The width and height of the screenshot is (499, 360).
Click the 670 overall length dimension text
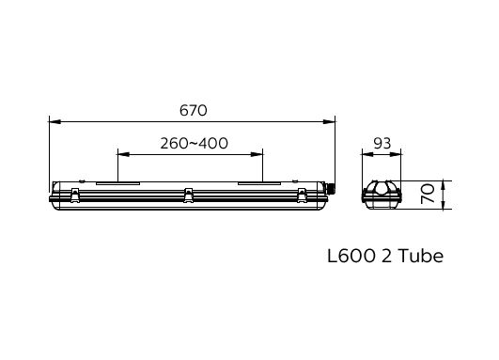(194, 111)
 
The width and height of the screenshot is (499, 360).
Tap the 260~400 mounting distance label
(195, 143)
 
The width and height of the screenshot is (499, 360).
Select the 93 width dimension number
(382, 144)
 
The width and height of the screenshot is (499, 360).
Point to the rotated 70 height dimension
(428, 194)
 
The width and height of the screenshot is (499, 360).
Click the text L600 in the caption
(351, 256)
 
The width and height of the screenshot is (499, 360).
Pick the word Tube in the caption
(420, 256)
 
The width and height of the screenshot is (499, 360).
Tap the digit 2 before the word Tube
(386, 256)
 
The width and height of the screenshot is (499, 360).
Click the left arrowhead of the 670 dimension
(55, 121)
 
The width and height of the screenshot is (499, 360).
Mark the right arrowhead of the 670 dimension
(329, 121)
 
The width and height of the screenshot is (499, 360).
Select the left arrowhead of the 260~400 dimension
(123, 154)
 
